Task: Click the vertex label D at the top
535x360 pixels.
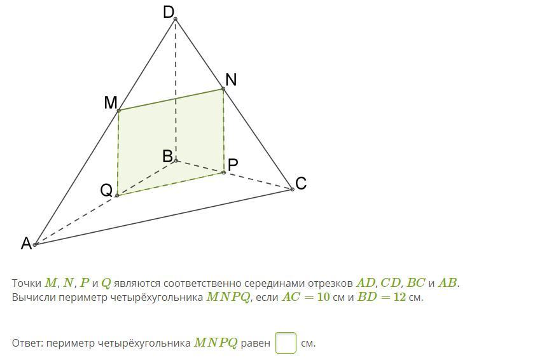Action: pos(169,12)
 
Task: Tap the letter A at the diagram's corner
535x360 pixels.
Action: pos(26,244)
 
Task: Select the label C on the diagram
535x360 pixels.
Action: pos(301,183)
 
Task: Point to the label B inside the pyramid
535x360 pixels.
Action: pos(167,156)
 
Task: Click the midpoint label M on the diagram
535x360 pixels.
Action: pos(111,103)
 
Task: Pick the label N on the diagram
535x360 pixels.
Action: pos(231,80)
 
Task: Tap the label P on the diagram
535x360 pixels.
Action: pos(233,165)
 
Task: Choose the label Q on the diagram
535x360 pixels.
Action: pos(106,190)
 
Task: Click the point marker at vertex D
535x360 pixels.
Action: pos(176,19)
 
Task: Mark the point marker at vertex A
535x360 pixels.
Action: pos(36,244)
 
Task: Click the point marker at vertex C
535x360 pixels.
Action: pos(292,189)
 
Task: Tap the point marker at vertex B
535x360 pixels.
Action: pos(176,160)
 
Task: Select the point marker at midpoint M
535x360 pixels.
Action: pos(119,111)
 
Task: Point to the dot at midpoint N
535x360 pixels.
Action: pos(223,89)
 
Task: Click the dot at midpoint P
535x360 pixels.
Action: pos(224,172)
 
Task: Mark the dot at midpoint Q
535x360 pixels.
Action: pos(117,195)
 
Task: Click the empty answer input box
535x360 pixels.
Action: pos(286,343)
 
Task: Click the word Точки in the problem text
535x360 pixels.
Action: pos(26,283)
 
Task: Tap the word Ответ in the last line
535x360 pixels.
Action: pos(26,343)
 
